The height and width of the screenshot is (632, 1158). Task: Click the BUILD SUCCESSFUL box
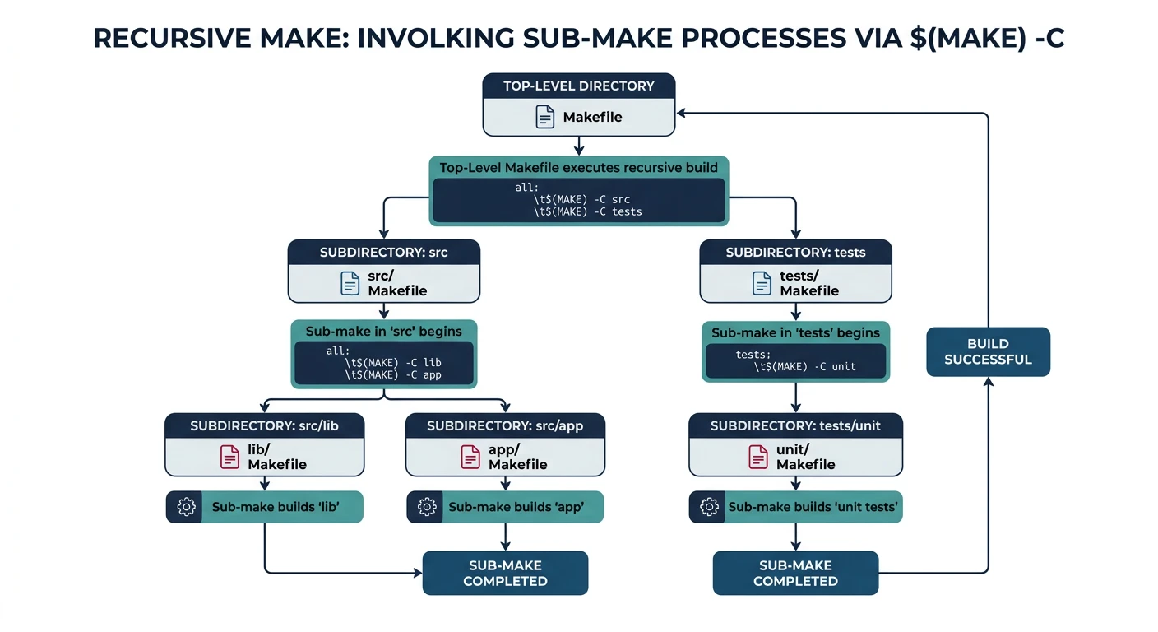point(988,351)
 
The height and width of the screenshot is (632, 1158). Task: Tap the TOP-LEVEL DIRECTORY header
point(578,86)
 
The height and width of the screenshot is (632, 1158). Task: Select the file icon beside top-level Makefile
point(545,118)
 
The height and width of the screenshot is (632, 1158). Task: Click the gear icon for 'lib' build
point(186,507)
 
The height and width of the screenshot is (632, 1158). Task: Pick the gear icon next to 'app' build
point(426,507)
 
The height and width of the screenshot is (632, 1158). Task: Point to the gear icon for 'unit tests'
point(707,507)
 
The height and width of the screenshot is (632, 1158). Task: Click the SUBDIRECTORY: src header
point(383,253)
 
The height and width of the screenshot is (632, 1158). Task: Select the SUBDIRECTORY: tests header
point(795,253)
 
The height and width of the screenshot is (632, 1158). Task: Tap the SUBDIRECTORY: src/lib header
point(264,426)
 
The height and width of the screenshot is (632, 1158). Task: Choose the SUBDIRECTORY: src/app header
point(505,426)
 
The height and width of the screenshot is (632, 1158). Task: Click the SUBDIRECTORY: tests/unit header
point(795,426)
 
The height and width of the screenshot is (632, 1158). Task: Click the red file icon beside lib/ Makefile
point(229,457)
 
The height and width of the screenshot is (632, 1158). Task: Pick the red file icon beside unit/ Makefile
point(757,457)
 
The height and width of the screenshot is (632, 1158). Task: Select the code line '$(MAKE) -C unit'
point(804,366)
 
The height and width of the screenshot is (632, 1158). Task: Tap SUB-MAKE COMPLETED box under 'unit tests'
point(795,573)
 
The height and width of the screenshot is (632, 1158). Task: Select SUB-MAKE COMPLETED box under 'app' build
point(505,573)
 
